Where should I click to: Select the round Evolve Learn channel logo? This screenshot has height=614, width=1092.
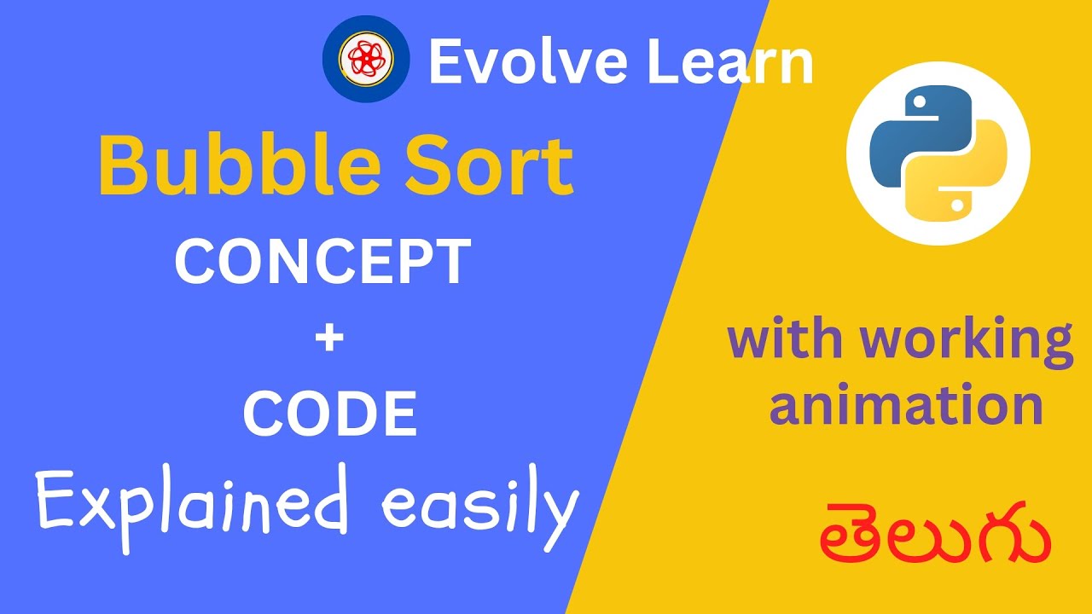365,59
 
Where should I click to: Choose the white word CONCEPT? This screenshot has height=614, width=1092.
322,262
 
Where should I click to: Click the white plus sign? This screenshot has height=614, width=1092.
328,339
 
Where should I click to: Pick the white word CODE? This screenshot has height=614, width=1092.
329,414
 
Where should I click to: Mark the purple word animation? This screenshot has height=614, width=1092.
906,406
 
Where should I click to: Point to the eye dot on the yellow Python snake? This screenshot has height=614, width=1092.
959,205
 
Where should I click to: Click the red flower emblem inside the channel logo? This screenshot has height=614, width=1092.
365,59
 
